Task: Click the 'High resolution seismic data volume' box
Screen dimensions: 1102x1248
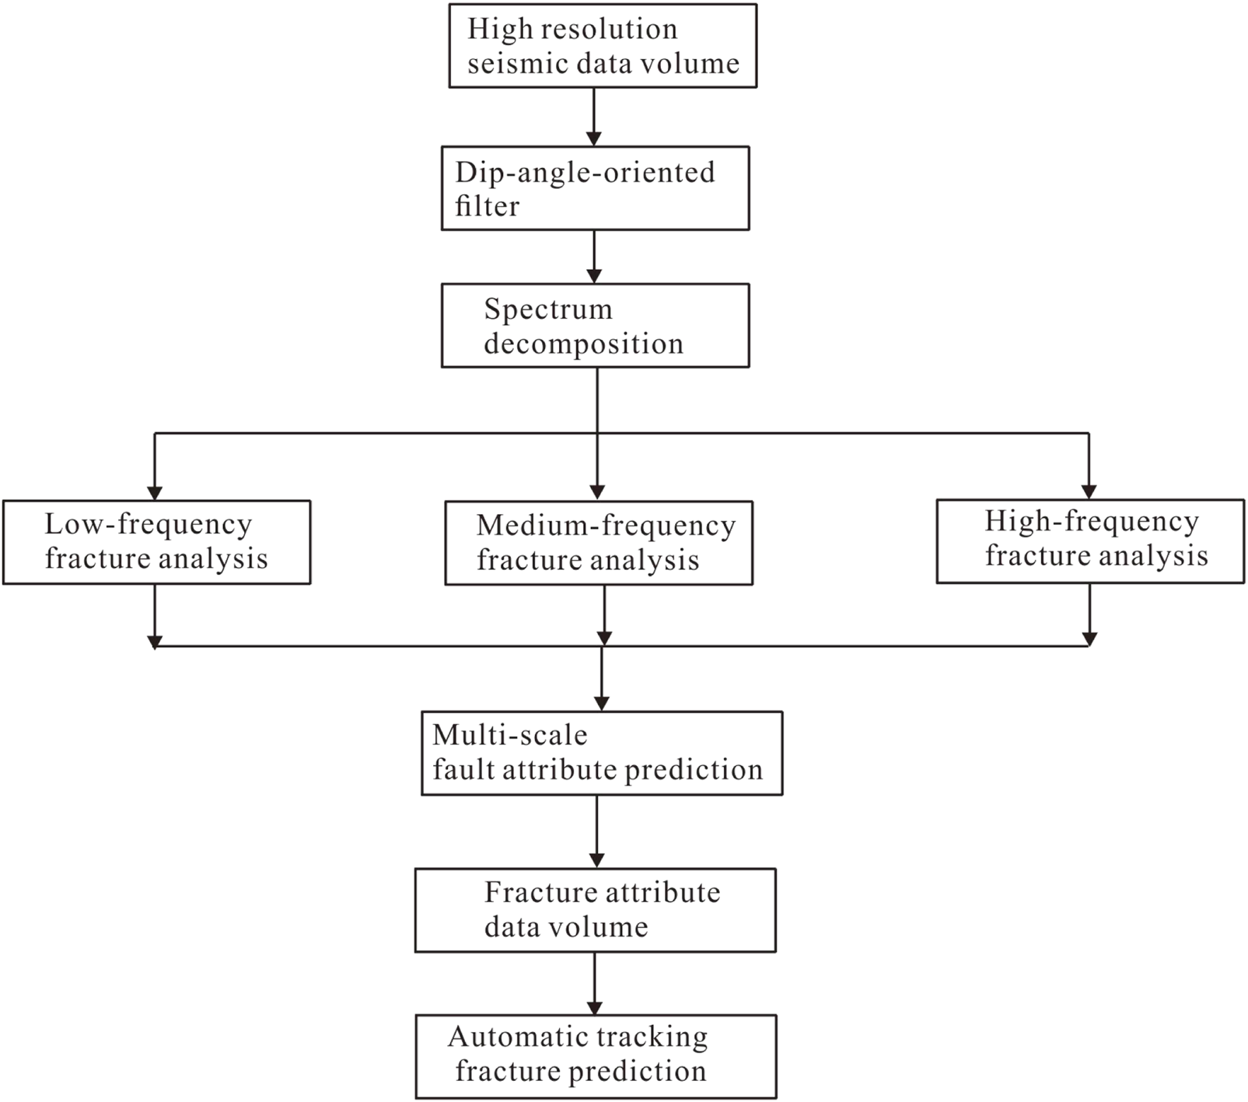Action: [603, 46]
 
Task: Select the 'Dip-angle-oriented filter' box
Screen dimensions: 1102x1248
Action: [595, 188]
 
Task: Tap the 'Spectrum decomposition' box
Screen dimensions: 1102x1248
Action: [595, 325]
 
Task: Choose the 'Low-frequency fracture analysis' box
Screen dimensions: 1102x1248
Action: [156, 542]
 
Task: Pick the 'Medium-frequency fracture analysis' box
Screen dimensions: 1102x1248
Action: [599, 543]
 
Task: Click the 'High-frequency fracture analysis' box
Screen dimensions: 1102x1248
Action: [1090, 541]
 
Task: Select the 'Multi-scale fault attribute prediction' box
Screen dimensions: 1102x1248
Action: [602, 753]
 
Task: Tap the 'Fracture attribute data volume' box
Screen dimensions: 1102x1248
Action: [595, 910]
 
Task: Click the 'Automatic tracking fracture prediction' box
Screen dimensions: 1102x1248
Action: [596, 1056]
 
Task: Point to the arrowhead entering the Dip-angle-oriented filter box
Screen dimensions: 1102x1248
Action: [594, 139]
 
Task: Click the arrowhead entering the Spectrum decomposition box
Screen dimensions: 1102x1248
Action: [594, 276]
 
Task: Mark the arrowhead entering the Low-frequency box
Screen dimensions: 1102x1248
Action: [155, 493]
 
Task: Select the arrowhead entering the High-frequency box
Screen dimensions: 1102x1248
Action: [1089, 492]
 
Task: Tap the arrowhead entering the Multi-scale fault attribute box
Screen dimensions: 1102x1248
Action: [602, 703]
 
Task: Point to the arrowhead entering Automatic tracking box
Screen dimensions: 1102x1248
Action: [595, 1007]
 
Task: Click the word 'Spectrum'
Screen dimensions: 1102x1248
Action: [548, 310]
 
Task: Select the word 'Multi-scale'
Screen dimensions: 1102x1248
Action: [509, 735]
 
